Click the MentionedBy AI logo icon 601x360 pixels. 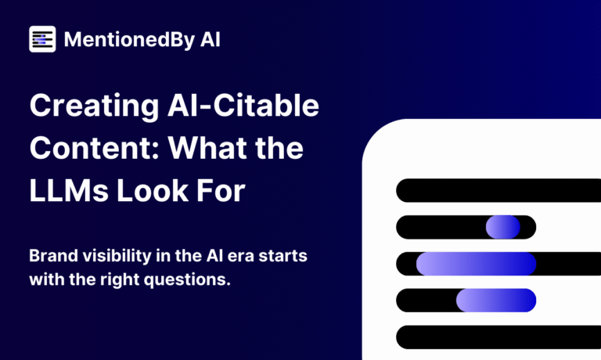(x=42, y=39)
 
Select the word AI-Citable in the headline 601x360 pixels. (x=243, y=105)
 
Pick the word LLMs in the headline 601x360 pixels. (x=69, y=190)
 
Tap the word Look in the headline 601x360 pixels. (x=153, y=190)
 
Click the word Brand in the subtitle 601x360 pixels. (x=54, y=255)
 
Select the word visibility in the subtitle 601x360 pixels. (x=117, y=256)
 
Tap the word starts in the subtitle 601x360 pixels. (x=283, y=256)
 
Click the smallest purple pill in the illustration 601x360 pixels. (x=503, y=227)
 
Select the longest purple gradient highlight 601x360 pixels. (x=476, y=264)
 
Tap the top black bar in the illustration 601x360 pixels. (x=498, y=190)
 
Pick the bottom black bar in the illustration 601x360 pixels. (x=498, y=337)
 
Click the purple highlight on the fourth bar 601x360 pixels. (x=496, y=301)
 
